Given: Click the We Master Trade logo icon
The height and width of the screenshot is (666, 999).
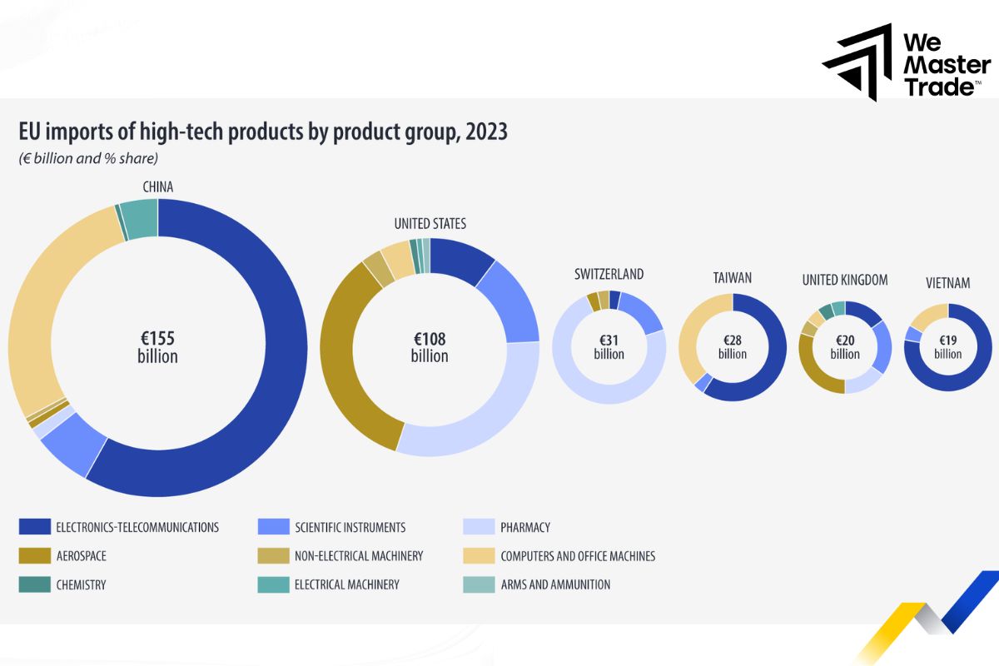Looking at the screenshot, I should coord(858,62).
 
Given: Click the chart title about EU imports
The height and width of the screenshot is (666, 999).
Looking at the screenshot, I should coord(263,132).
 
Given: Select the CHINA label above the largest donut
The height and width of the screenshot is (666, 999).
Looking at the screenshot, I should coord(157,186).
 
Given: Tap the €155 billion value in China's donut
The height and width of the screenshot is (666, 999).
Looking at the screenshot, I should coord(157,347).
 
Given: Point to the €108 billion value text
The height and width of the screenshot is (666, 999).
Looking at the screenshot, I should coord(430,347).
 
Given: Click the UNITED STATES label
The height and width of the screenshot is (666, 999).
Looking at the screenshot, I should coord(430,223).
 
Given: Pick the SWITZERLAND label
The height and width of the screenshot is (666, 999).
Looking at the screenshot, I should coord(609,274).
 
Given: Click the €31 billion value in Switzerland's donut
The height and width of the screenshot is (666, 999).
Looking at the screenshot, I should coord(609,346).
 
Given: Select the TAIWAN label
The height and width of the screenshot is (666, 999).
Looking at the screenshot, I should coord(732,277).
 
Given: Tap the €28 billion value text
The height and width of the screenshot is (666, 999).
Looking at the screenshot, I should coord(732,346).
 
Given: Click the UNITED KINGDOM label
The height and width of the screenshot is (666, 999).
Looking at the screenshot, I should coord(845,280).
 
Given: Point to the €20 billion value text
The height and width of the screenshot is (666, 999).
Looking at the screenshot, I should coord(845,346).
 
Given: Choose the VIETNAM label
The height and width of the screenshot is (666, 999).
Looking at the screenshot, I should coord(947,283).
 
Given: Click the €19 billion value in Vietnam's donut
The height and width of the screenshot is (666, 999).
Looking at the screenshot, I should coord(947,346).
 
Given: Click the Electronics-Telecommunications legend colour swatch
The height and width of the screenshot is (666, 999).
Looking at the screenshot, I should coord(33,527).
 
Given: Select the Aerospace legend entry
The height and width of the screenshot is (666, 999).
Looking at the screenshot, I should coord(81,556).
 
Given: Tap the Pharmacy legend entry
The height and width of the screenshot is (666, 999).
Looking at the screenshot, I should coord(524,527).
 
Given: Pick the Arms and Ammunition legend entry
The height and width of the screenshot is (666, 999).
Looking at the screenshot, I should coord(555,584).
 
